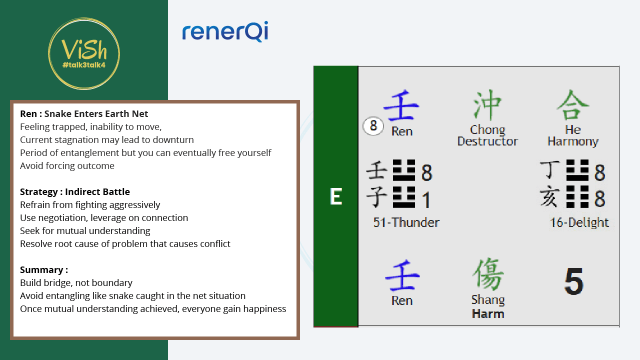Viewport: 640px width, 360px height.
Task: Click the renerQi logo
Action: [225, 31]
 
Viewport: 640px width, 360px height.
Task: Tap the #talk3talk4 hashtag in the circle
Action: [84, 65]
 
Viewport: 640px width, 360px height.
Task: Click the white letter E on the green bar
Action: [336, 196]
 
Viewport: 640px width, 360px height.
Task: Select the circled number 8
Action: [373, 125]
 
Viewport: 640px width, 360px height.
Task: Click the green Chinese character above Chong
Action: [487, 104]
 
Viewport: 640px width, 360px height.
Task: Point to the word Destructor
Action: [487, 141]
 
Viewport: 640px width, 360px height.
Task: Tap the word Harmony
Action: [573, 141]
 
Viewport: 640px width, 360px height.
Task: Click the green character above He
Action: [573, 104]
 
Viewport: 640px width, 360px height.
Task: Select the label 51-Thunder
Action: [406, 222]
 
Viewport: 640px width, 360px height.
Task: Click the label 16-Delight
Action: [579, 222]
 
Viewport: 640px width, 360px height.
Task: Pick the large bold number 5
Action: [573, 281]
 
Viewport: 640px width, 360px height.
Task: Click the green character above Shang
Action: [488, 274]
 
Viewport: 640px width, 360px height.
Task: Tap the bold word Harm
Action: [488, 314]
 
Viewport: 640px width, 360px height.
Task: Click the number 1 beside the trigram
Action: [426, 200]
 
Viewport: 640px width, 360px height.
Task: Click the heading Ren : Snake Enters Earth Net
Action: [84, 113]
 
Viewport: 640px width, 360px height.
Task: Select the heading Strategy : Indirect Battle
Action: [75, 191]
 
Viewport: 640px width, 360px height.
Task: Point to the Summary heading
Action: [44, 269]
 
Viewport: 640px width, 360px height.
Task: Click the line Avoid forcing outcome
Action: [67, 165]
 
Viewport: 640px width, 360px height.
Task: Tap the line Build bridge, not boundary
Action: [76, 283]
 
